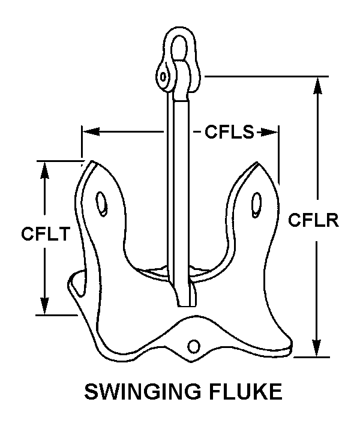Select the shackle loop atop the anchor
click(179, 45)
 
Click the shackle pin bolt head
click(163, 76)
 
